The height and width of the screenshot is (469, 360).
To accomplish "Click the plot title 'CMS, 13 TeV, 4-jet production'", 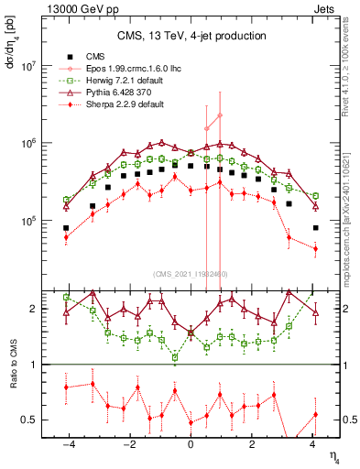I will click(x=191, y=36).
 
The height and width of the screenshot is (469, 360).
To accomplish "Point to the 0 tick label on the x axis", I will click(x=191, y=446).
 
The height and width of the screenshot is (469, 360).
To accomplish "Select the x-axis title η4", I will click(x=334, y=453).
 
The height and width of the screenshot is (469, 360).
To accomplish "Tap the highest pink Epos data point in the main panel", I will click(x=220, y=115).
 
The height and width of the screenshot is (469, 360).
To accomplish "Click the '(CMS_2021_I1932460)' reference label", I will click(x=191, y=274).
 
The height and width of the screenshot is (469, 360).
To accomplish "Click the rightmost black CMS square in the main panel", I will click(x=315, y=228).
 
